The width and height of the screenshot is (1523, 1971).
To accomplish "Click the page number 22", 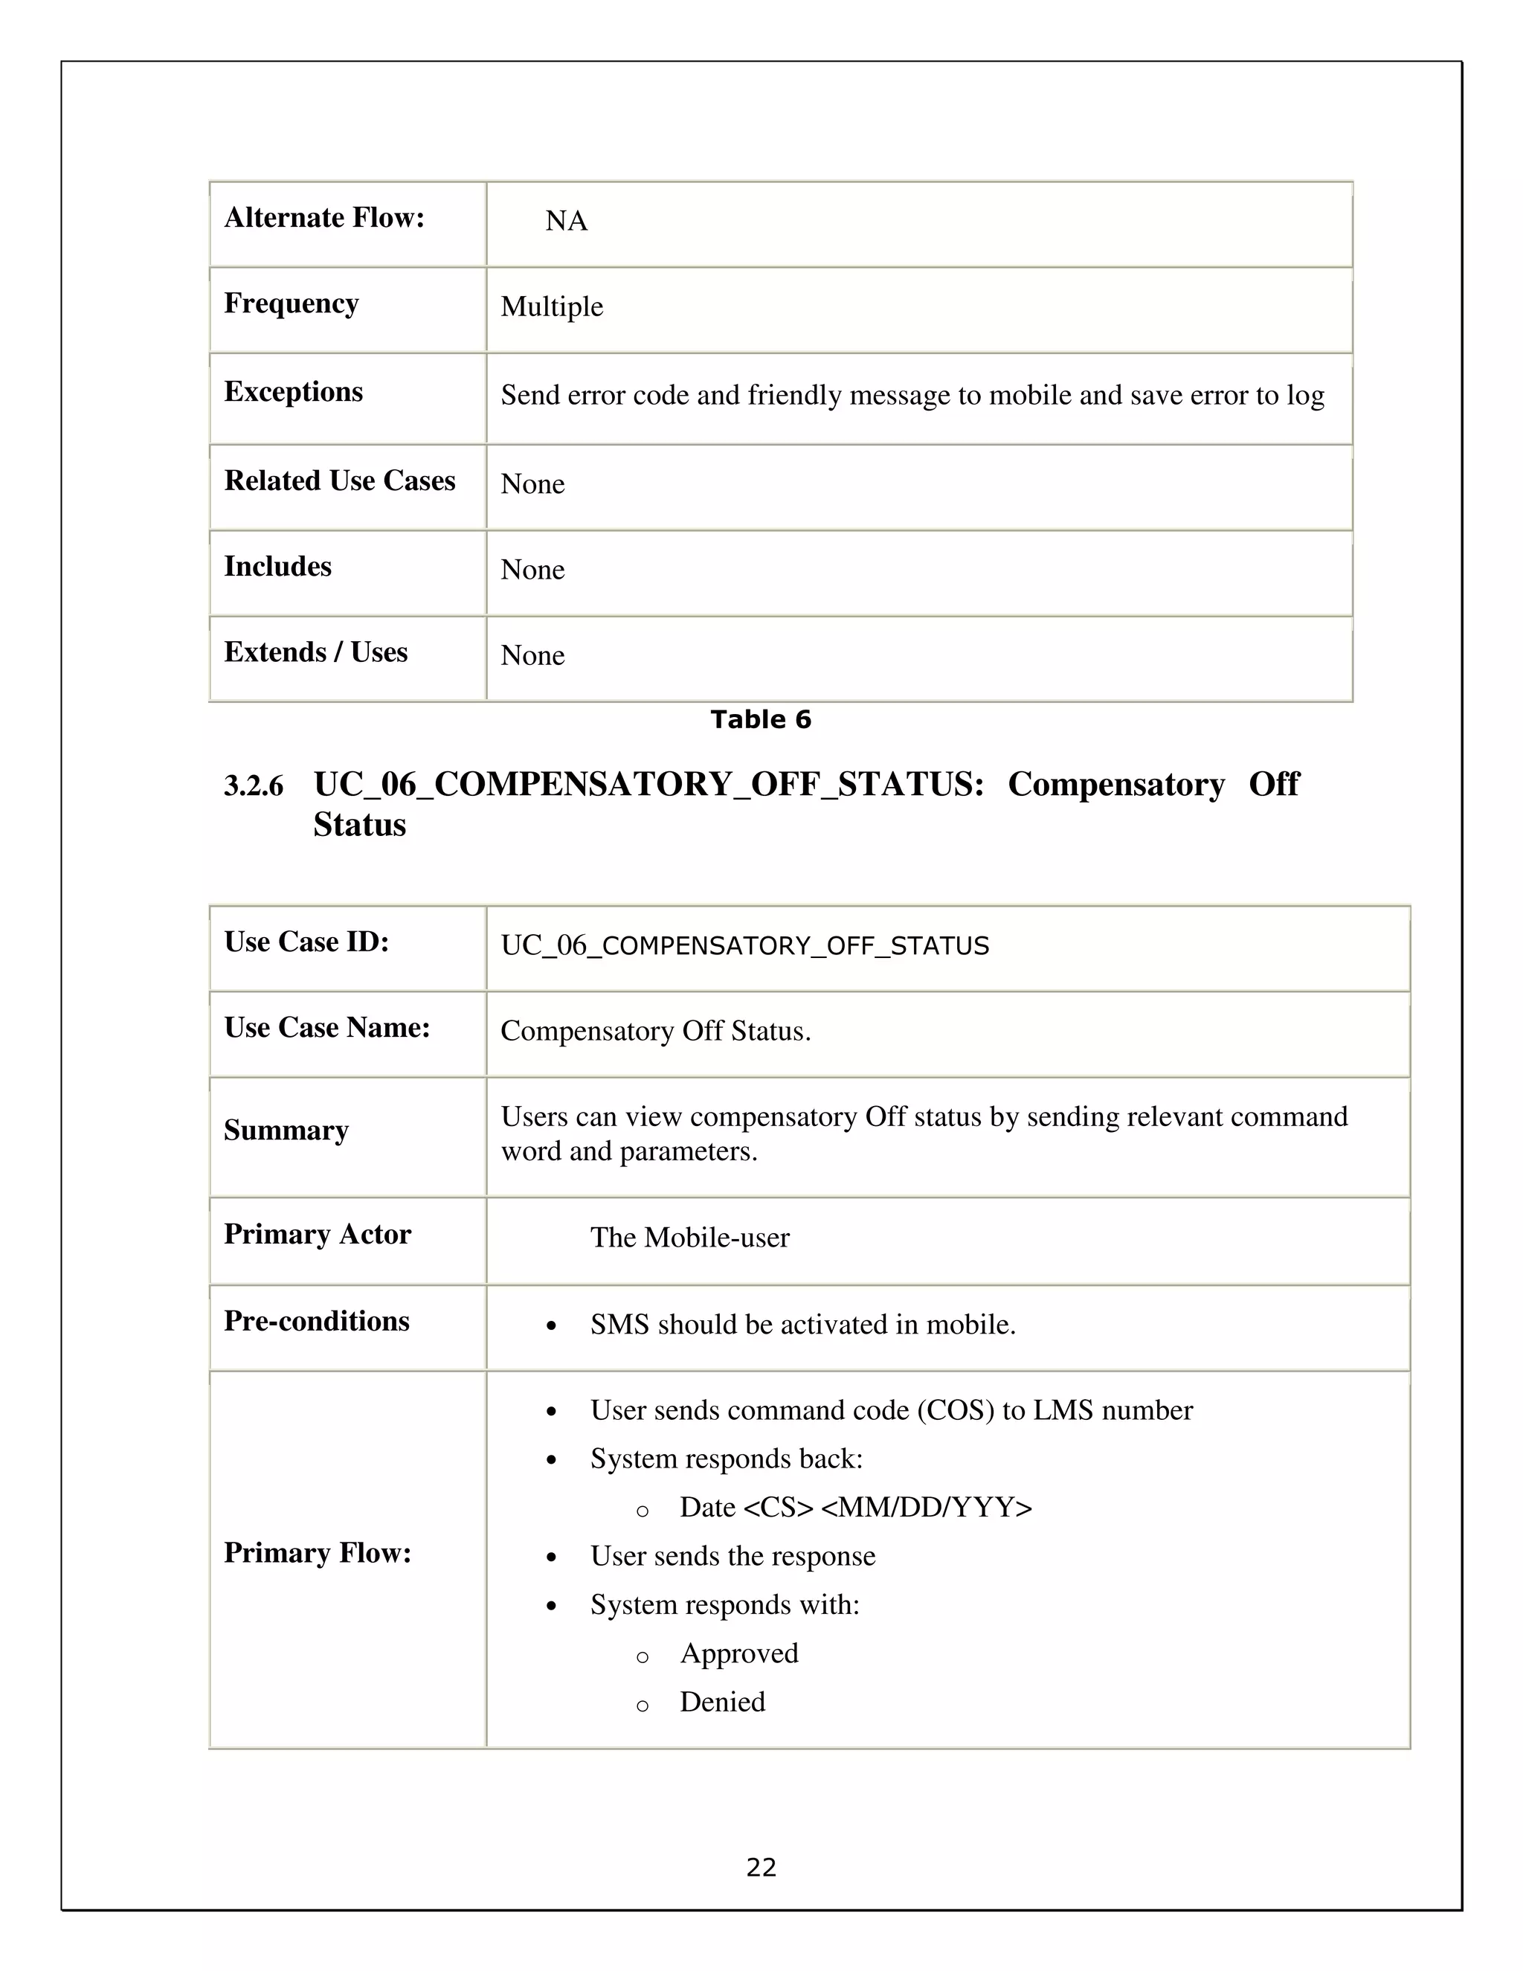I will tap(761, 1867).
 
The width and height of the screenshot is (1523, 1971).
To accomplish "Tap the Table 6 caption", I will tap(761, 719).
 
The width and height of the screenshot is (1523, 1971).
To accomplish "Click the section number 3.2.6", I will tap(254, 786).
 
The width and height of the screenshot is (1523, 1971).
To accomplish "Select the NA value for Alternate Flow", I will tap(566, 221).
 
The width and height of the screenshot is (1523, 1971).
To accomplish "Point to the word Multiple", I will tap(551, 307).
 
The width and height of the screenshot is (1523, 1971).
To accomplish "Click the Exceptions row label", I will tap(293, 392).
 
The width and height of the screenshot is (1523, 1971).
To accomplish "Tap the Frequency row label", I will tap(291, 303).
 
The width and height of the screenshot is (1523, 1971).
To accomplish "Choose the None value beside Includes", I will tap(532, 570).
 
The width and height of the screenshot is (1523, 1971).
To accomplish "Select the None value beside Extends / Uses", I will tap(532, 655).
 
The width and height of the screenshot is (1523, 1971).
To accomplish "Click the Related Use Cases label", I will tap(339, 480).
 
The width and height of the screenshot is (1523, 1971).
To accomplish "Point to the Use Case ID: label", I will tap(306, 942).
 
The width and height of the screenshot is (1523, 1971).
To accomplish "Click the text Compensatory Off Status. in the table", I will tap(655, 1031).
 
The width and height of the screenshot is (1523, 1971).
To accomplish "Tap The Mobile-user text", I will tap(689, 1238).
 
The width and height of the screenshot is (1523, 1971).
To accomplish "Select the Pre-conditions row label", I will tap(316, 1321).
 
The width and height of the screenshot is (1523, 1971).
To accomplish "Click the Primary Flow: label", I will tap(317, 1552).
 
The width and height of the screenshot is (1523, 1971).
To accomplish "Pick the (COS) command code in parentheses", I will tap(956, 1410).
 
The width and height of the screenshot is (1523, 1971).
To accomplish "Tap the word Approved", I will tap(739, 1653).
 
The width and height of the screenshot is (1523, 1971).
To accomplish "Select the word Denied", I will tap(722, 1702).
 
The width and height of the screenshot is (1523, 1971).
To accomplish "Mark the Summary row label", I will tap(286, 1130).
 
